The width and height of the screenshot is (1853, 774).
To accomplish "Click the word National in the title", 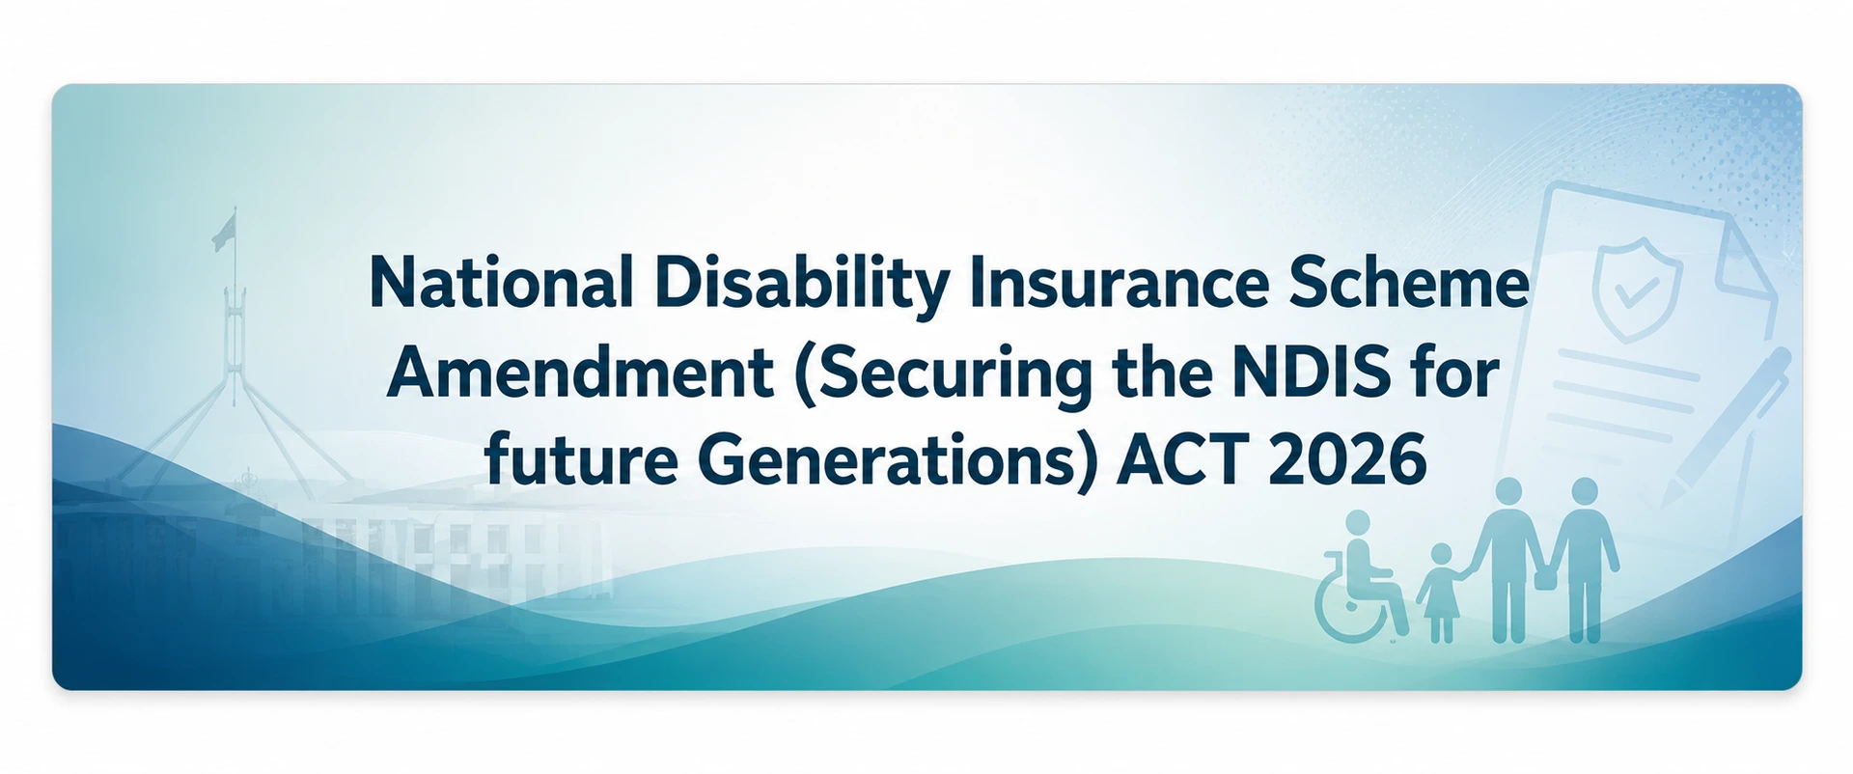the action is coord(501,283).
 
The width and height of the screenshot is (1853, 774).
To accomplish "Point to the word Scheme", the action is coord(1409,283).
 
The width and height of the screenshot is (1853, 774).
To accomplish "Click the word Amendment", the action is coord(580,372).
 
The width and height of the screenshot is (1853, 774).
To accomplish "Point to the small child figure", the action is coord(1440,593).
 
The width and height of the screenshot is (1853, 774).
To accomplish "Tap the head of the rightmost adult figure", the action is coord(1584,491).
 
